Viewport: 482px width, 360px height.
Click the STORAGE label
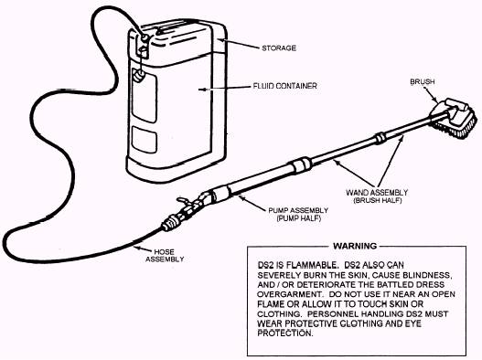(x=279, y=48)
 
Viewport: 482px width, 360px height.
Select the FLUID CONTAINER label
(x=284, y=86)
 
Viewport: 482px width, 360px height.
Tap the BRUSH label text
(x=423, y=81)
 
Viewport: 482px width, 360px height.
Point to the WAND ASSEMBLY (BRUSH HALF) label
(x=377, y=196)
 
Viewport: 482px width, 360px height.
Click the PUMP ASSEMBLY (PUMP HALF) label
(x=298, y=215)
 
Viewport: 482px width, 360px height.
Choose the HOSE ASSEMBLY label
(x=165, y=256)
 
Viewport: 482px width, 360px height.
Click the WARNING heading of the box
(x=355, y=246)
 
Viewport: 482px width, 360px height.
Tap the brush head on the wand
(x=455, y=118)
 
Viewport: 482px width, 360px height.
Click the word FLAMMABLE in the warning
(x=308, y=265)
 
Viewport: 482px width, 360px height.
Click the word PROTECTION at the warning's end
(x=285, y=334)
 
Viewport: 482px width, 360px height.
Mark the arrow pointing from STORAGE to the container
(x=238, y=44)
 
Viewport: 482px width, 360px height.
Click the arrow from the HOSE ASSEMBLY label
(x=143, y=249)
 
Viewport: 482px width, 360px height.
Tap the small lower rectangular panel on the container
(x=145, y=139)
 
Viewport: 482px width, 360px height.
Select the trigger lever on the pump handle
(x=184, y=201)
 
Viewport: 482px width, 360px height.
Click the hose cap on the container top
(x=145, y=37)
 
